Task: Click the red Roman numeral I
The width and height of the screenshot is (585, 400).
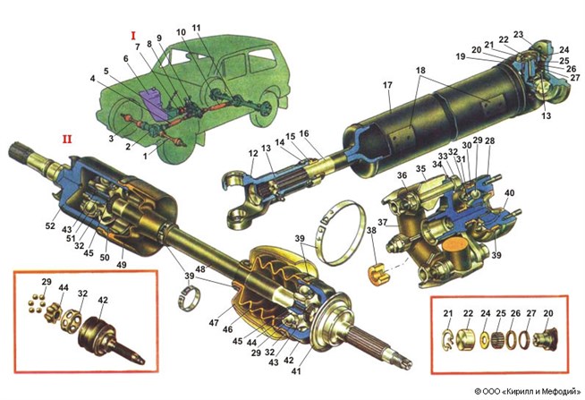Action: coord(133,36)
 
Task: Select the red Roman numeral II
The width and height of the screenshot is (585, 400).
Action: coord(67,140)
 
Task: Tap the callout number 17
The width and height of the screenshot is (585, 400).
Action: coord(387,85)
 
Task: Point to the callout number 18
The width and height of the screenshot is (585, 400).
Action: coord(420,71)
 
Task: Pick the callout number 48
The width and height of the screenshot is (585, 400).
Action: coord(200,269)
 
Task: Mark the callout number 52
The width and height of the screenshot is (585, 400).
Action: coord(50,226)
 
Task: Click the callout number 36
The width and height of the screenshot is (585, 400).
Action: coord(402,175)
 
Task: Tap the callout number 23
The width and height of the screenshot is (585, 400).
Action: coord(519,35)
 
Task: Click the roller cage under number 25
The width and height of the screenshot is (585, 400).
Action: coord(498,339)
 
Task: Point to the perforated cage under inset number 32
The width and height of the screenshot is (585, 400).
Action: coord(71,319)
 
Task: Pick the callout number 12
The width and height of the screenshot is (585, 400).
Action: coord(253,153)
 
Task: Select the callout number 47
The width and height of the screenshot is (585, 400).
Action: coord(214,322)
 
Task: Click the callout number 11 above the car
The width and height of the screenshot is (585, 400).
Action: coord(196,28)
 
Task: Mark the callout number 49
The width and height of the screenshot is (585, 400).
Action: coord(122,265)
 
